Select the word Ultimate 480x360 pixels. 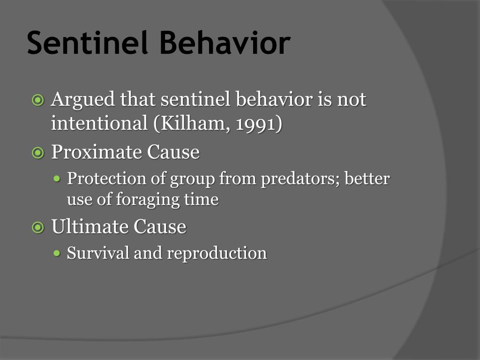tap(90, 227)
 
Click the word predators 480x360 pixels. tap(300, 179)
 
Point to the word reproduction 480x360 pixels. tap(217, 254)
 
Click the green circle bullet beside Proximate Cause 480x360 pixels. tap(37, 153)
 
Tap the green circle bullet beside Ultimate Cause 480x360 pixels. tap(37, 227)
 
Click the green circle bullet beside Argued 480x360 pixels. tap(37, 100)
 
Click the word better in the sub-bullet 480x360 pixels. tap(367, 179)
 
